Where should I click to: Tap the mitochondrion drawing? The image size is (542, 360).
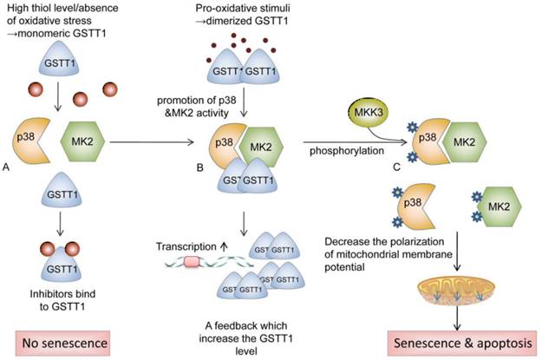tap(450, 284)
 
